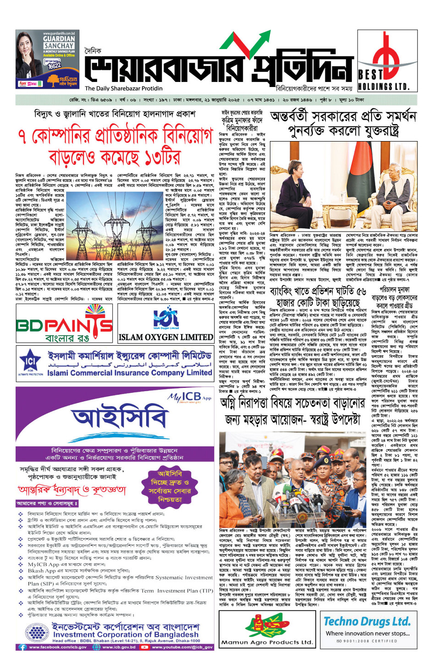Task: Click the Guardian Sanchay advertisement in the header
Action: click(46, 60)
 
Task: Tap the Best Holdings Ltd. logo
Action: click(388, 62)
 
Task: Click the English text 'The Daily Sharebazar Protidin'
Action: click(124, 88)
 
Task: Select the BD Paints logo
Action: click(64, 324)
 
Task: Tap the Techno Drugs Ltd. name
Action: click(367, 621)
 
